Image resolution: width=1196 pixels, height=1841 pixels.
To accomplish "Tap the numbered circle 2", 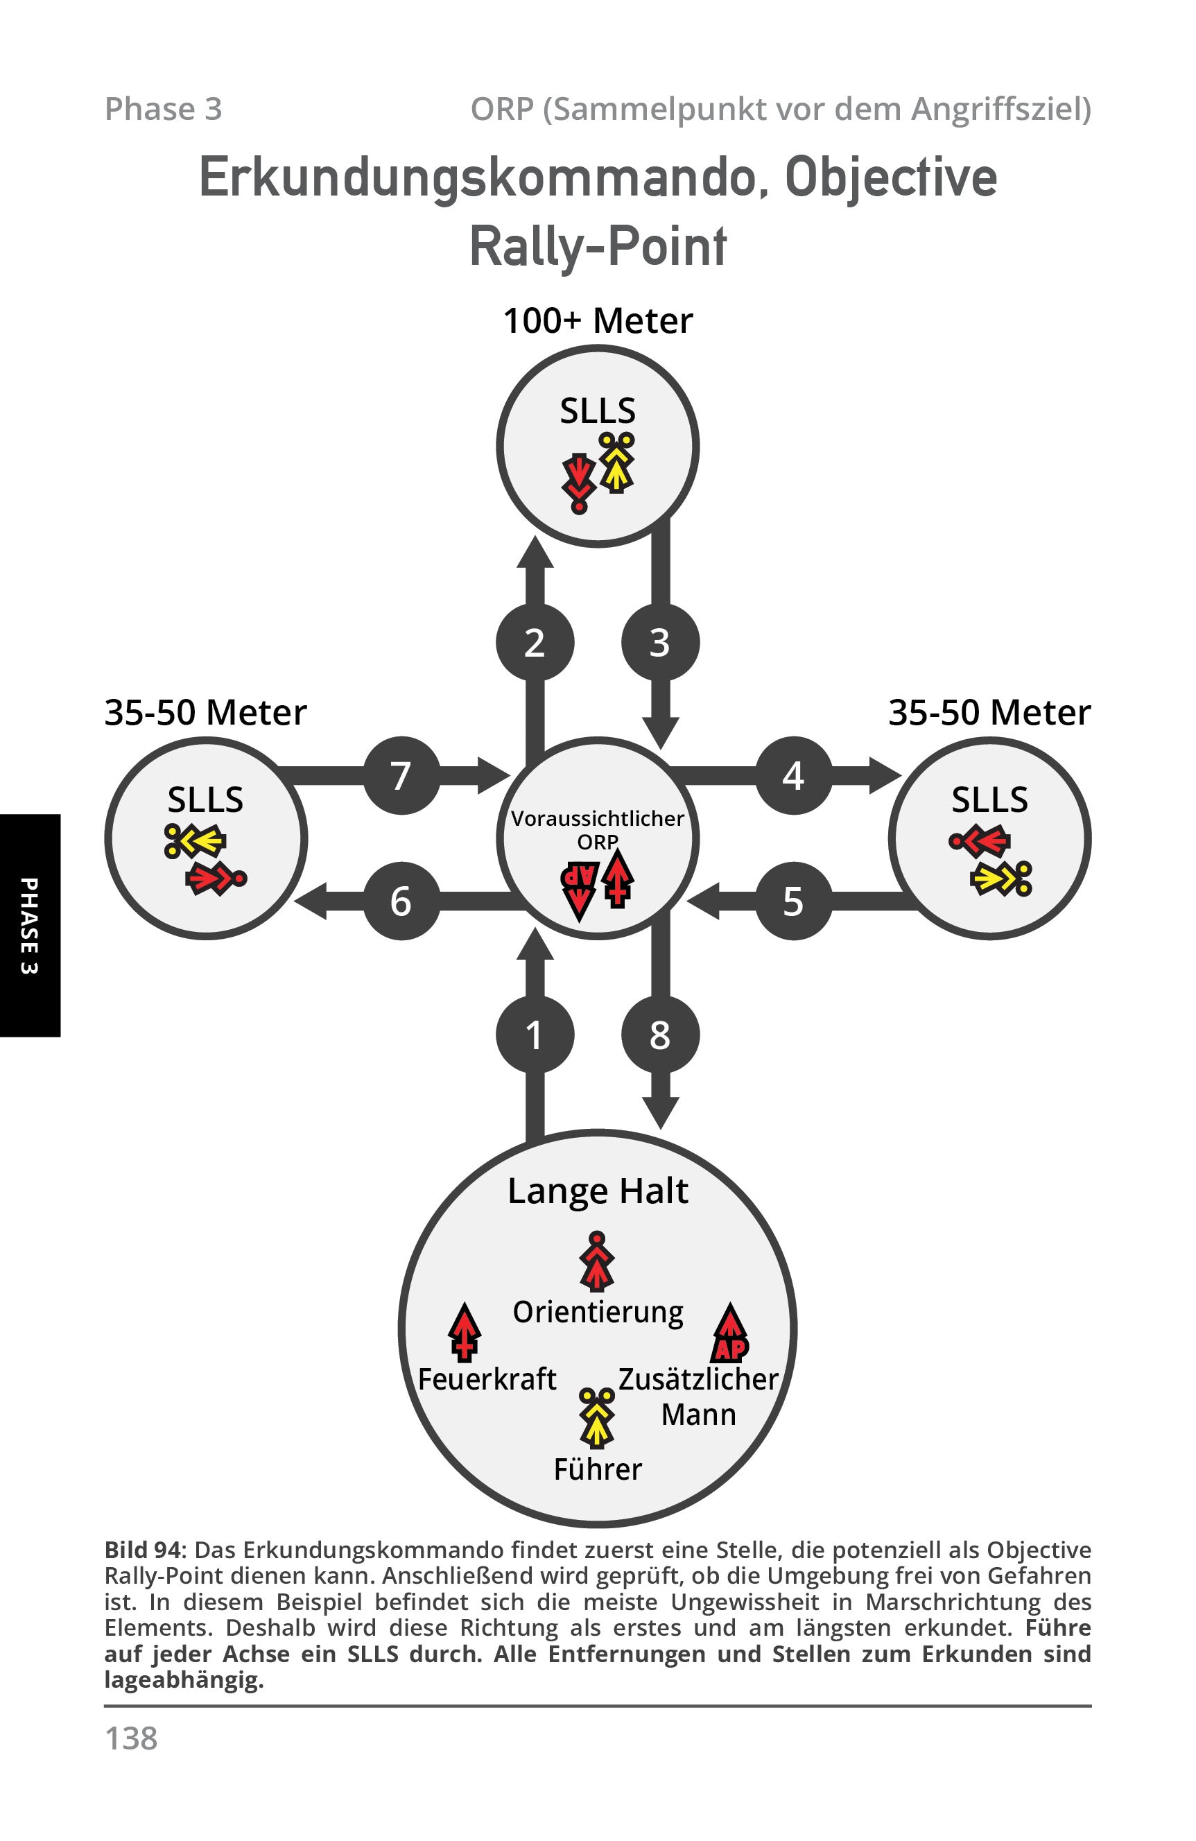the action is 535,642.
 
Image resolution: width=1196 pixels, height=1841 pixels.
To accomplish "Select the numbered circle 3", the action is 660,642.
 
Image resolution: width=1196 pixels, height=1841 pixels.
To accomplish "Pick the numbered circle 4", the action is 793,775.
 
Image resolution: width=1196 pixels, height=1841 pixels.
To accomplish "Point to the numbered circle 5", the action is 793,901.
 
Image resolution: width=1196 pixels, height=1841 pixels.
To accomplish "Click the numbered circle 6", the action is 401,901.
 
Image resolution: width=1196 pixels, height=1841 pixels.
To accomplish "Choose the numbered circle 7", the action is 401,775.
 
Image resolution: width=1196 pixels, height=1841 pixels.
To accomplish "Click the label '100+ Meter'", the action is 598,320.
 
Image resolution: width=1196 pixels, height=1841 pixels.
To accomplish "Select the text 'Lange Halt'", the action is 598,1191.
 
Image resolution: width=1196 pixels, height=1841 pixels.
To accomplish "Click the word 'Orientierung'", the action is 598,1313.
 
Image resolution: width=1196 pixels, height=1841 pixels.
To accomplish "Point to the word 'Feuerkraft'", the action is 487,1378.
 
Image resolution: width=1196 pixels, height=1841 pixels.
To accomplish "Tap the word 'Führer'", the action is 598,1469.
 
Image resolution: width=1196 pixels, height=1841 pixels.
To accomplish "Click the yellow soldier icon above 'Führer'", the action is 598,1418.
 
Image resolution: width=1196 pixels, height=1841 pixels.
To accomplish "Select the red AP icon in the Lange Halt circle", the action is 730,1332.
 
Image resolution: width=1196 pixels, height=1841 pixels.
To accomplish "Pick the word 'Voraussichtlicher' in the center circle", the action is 598,818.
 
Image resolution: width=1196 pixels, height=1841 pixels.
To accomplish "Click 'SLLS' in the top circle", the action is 598,410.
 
